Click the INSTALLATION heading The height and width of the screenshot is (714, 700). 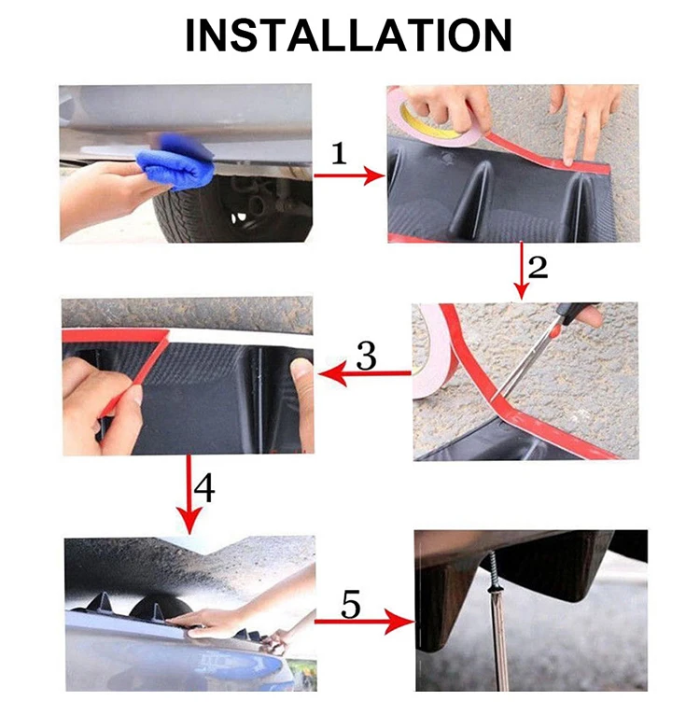[349, 35]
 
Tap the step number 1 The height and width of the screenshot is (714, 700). [339, 153]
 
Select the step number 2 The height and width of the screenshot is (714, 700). [538, 267]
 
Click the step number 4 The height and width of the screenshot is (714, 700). [204, 488]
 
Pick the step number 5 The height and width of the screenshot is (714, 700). [351, 604]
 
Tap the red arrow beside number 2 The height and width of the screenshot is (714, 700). [522, 270]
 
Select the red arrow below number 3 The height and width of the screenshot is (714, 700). [364, 374]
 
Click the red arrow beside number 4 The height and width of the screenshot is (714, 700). [189, 494]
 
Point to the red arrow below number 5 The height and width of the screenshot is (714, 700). [365, 621]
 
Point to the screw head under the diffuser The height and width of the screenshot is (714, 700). [493, 591]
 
